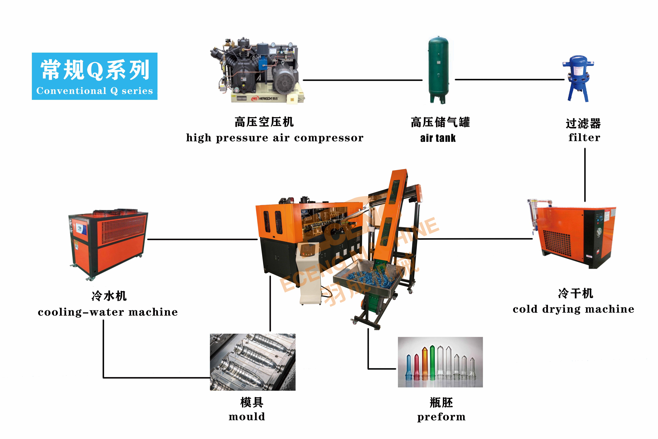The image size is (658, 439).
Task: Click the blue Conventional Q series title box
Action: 95,76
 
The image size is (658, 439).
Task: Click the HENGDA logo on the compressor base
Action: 264,99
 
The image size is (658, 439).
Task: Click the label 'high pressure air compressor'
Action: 275,138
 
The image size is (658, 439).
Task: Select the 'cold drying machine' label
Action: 574,309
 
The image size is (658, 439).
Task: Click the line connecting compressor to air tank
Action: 363,80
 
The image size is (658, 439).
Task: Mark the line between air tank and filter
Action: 510,80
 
